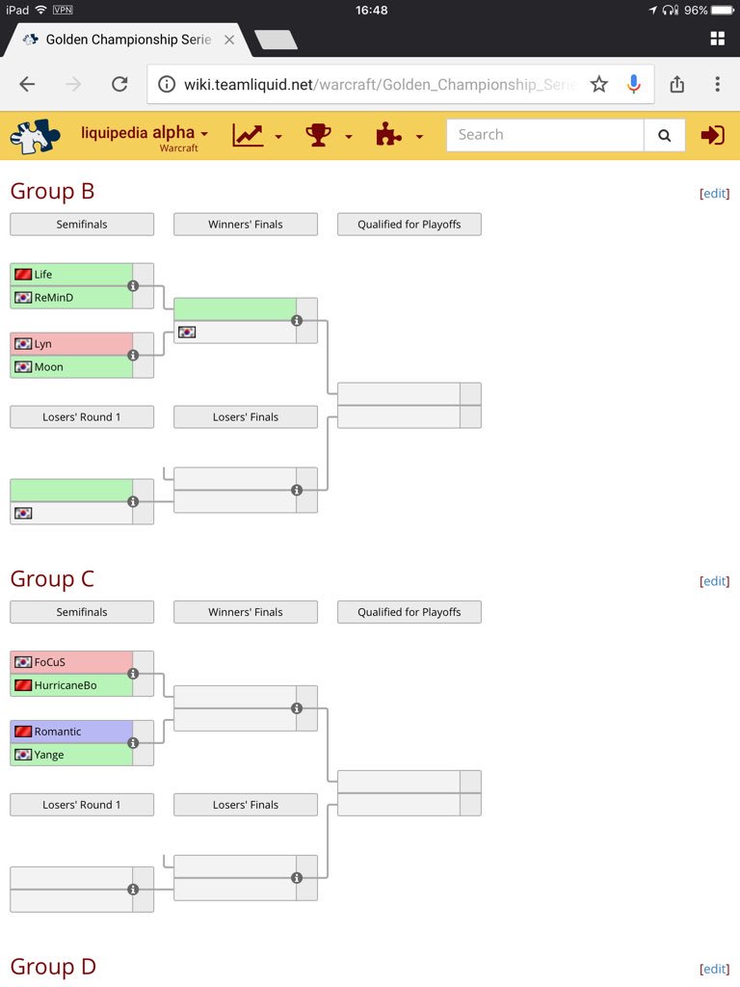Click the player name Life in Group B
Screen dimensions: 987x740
point(43,275)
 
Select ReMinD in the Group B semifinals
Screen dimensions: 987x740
point(53,298)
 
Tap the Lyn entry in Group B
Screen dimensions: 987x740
point(42,344)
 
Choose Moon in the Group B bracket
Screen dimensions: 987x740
point(48,367)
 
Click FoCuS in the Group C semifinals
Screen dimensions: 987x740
point(49,662)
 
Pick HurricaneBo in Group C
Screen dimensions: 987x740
point(65,685)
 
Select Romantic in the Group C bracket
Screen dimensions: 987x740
point(58,732)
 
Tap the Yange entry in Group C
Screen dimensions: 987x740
point(48,755)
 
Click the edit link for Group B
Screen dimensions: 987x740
point(714,193)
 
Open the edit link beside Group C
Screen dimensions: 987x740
point(714,580)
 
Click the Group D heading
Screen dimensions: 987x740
point(53,967)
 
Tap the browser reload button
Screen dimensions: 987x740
point(119,85)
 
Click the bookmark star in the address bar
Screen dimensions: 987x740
point(599,85)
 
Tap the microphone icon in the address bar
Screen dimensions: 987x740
point(633,85)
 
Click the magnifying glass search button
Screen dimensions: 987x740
point(664,136)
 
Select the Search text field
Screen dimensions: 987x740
point(544,135)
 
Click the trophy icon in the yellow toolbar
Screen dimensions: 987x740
point(318,135)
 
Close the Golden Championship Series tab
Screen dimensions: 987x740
point(228,40)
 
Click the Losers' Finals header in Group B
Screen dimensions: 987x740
point(246,417)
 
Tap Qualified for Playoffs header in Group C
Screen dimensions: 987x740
point(410,612)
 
